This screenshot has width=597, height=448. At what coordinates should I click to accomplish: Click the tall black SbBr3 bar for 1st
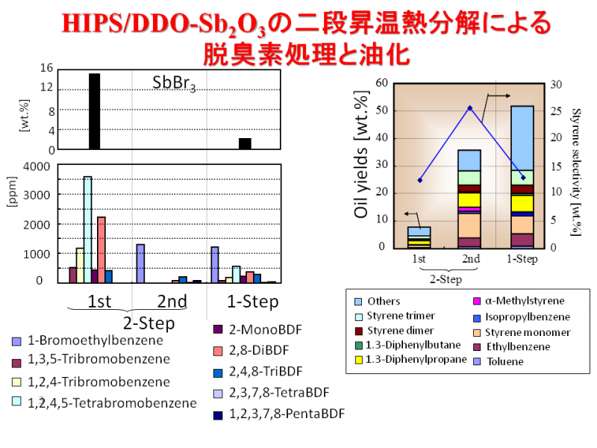tap(95, 111)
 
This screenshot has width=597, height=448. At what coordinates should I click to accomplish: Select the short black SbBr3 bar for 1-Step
tap(245, 143)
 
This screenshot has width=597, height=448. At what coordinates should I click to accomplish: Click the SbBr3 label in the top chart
tap(174, 83)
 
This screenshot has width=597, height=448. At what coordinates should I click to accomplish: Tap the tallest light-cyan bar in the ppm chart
tap(87, 230)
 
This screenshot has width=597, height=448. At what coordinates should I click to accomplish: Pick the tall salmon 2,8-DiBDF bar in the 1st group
tap(101, 250)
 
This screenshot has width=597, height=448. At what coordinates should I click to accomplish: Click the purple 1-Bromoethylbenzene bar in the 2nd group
tap(140, 264)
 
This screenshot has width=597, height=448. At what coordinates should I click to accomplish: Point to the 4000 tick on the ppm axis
tap(37, 167)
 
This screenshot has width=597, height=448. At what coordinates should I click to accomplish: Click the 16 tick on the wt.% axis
tap(46, 68)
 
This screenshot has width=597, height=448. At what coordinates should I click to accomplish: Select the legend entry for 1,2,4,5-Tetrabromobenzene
tap(104, 402)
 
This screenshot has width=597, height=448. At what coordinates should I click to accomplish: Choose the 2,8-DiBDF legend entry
tap(251, 350)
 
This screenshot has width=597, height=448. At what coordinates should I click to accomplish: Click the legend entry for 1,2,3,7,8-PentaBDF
tap(279, 414)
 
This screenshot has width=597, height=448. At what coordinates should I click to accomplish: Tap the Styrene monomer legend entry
tap(522, 332)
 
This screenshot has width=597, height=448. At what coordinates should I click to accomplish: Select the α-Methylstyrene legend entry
tap(519, 301)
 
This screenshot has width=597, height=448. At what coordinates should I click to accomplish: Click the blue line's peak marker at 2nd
tap(470, 108)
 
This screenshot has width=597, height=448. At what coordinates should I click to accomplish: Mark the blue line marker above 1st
tap(420, 180)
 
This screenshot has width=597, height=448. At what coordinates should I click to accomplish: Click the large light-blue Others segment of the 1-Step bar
tap(522, 138)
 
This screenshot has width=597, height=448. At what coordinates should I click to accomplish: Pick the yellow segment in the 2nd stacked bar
tap(469, 200)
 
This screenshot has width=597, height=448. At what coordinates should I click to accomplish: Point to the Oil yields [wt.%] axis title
tap(361, 155)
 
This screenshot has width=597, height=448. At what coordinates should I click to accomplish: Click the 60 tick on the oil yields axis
tap(381, 83)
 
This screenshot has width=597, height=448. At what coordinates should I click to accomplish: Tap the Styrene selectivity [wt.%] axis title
tap(576, 172)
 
